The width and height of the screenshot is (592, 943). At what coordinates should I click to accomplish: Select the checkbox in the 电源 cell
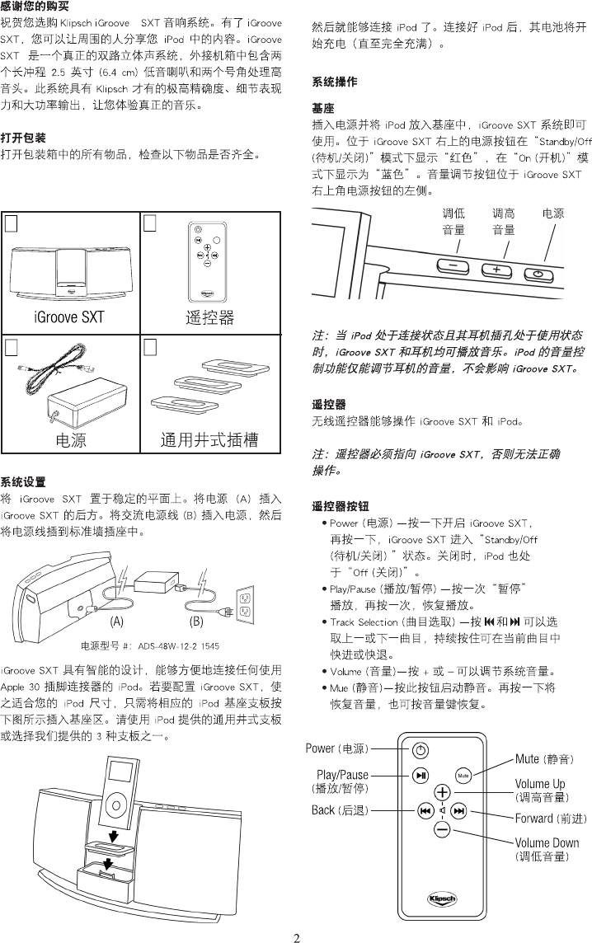tap(12, 347)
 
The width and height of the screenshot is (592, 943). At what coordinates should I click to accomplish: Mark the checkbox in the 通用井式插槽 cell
tap(150, 347)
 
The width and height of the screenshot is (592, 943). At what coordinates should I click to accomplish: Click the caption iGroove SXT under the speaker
tap(69, 316)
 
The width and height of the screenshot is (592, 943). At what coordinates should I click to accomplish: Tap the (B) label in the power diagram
tap(196, 620)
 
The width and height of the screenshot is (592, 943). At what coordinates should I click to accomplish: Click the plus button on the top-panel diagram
tap(496, 270)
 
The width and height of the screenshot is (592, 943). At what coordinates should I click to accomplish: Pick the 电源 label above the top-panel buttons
tap(553, 213)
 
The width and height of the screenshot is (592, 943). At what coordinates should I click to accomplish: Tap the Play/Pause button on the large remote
tap(421, 775)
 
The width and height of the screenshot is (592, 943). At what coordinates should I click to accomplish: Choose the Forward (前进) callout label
tap(550, 819)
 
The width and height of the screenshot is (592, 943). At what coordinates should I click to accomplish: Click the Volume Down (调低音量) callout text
tap(547, 850)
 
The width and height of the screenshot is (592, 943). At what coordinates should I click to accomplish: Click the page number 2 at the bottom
tap(296, 936)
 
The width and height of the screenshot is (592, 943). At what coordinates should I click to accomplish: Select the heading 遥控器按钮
tap(340, 505)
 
